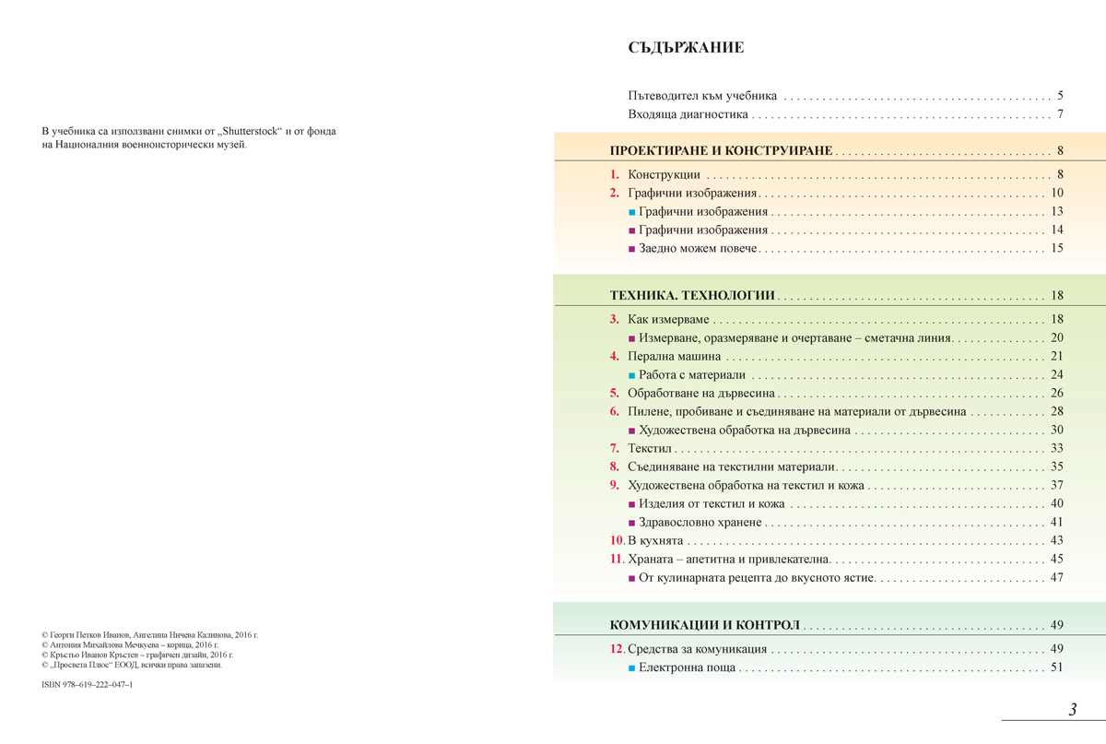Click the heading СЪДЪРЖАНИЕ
(685, 48)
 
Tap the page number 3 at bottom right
(1073, 709)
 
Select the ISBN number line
(88, 685)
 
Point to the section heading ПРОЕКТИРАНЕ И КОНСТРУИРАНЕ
(721, 150)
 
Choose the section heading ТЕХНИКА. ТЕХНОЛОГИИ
(692, 296)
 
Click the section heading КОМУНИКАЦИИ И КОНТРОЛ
(704, 625)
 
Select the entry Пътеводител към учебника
(702, 95)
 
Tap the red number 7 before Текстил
(614, 448)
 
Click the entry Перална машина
(674, 356)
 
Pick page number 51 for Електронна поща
(1056, 667)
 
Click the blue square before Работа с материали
(631, 375)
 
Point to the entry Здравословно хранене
(701, 522)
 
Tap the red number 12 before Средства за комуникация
(617, 649)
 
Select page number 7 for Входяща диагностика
(1061, 115)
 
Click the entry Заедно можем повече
(698, 248)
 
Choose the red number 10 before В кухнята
(617, 540)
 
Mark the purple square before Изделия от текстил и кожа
(631, 504)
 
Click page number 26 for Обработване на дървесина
(1056, 393)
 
